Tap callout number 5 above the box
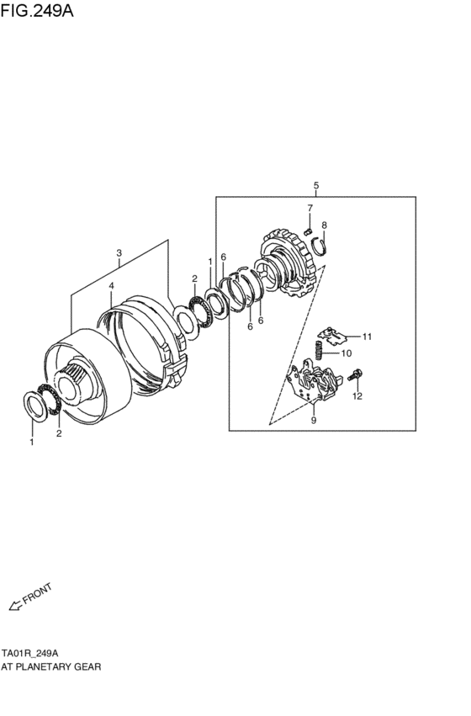[x=315, y=185]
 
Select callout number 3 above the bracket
[x=119, y=253]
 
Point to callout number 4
[x=110, y=286]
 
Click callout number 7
[x=310, y=208]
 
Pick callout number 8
[x=325, y=225]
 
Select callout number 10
[x=346, y=354]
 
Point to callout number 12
[x=357, y=395]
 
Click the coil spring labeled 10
[x=320, y=348]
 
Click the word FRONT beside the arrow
[x=38, y=593]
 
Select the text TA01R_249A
[x=29, y=653]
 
